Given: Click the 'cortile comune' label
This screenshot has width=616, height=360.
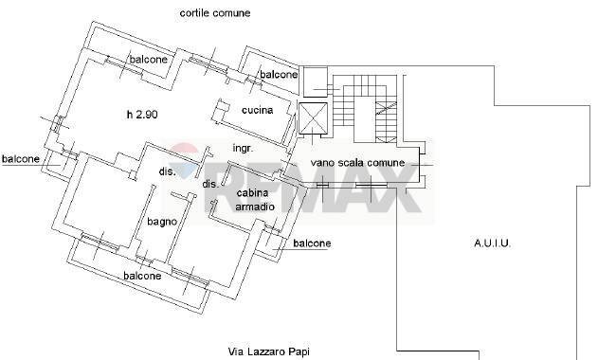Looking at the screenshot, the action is pos(215,13).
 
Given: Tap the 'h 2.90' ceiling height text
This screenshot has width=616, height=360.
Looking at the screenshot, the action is pos(142,115).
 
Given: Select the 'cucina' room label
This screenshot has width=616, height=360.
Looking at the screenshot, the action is pos(258,110).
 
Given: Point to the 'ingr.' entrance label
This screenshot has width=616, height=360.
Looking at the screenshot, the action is pos(244,149).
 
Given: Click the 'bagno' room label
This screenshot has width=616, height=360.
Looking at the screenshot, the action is pos(162,222).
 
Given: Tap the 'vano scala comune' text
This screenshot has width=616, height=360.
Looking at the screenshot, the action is pos(357,163).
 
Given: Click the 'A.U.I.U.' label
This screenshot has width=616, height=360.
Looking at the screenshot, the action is pos(493,243).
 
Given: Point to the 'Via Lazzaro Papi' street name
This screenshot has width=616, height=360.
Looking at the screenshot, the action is pos(269,351).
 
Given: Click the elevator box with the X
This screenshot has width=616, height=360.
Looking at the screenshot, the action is pos(313,118).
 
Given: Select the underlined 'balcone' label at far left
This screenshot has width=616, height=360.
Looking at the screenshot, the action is pos(21,159).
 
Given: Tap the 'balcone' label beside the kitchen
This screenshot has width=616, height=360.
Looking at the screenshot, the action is pos(279,74).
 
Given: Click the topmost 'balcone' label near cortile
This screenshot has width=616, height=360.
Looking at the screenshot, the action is pos(149,60).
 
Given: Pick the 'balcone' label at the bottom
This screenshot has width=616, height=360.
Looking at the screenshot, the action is pos(142,276).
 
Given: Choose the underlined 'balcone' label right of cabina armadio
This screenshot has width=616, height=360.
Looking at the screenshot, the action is pos(312,243).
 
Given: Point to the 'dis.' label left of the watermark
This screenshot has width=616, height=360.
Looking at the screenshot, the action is pos(168,171).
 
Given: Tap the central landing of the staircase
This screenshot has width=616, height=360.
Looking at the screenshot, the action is pos(364,120).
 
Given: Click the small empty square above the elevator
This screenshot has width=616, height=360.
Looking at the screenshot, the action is pos(316,82).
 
